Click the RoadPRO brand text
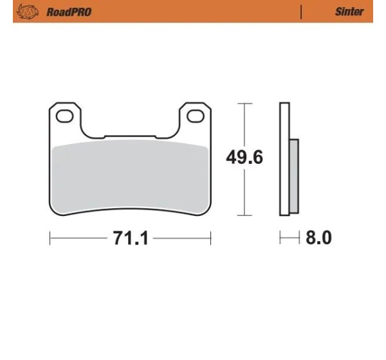coord(69,12)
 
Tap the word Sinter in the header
coord(349,12)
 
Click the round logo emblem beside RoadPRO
coord(27,12)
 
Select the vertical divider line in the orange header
coord(301,12)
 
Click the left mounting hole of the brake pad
coord(65,116)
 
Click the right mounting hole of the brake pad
coord(196,116)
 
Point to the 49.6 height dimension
coord(244,157)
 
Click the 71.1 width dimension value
coord(130,238)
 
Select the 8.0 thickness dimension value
coord(318,237)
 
